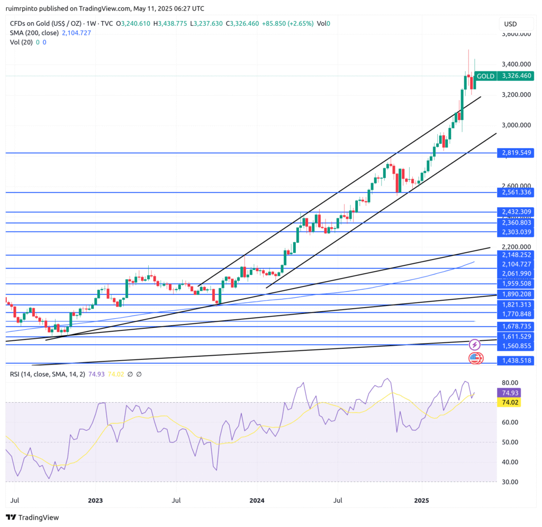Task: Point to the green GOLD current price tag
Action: (x=503, y=76)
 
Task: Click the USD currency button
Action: (x=510, y=24)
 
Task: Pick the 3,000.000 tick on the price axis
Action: (x=516, y=125)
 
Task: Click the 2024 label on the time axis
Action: (x=257, y=500)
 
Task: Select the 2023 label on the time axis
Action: (x=95, y=500)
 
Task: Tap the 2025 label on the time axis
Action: (x=421, y=500)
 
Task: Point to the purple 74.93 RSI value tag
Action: (x=508, y=393)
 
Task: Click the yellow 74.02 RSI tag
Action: (x=508, y=402)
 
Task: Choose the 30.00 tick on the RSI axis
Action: (x=509, y=482)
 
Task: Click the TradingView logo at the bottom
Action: (x=32, y=517)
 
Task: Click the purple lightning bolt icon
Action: (x=475, y=345)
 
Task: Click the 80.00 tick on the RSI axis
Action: (x=509, y=383)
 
